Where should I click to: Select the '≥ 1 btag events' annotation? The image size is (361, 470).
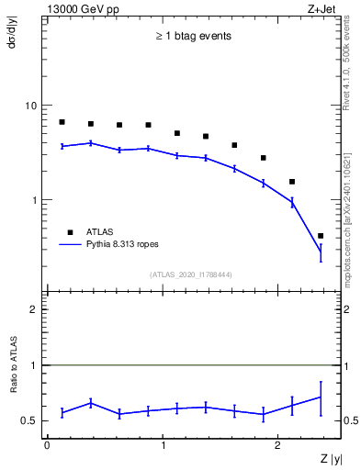[192, 37]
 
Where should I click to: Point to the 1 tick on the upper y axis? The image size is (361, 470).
[36, 200]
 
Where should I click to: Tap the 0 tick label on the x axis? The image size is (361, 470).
[47, 445]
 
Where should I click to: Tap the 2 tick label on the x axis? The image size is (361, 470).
[279, 445]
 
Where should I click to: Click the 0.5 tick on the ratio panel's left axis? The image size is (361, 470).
[32, 421]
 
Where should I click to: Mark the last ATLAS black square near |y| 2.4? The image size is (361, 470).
[320, 236]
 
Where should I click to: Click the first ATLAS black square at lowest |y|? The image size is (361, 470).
[62, 122]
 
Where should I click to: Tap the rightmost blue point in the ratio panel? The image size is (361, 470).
[320, 397]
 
